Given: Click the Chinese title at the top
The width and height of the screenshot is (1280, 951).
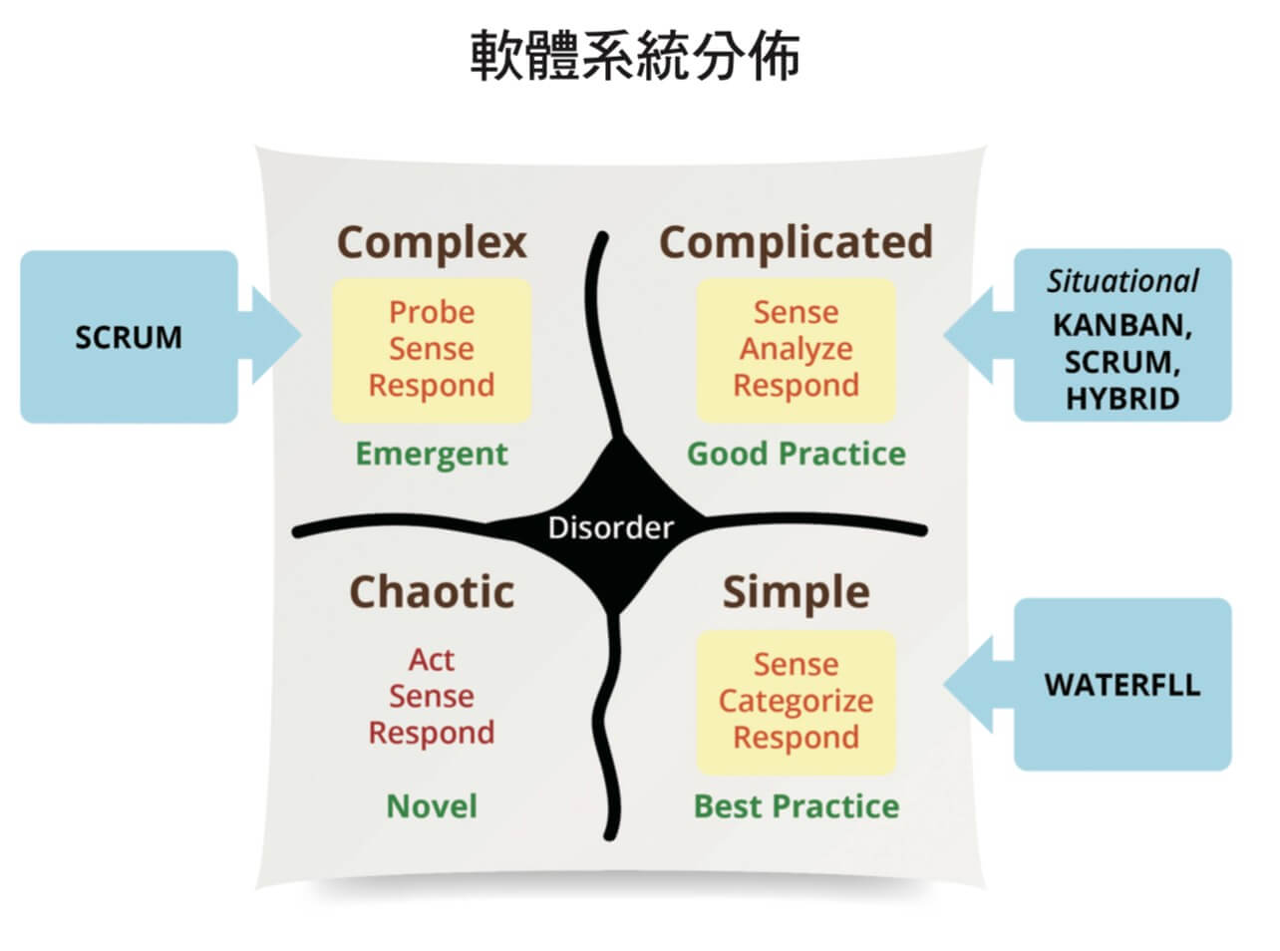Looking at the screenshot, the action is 635,56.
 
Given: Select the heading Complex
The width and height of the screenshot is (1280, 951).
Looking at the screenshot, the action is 432,243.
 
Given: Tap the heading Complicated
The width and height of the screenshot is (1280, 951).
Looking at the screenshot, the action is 796,242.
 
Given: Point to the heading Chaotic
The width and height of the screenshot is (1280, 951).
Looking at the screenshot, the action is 432,592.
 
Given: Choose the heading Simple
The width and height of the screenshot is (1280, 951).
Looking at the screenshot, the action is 796,594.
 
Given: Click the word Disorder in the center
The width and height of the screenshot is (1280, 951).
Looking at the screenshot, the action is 610,527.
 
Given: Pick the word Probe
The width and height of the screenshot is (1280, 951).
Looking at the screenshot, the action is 432,312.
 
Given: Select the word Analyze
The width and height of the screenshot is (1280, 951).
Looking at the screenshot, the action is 796,350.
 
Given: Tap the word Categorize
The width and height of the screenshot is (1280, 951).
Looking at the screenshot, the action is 796,702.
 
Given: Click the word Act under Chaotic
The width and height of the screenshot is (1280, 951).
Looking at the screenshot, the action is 432,660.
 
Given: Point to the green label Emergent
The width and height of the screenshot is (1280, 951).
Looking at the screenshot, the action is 432,455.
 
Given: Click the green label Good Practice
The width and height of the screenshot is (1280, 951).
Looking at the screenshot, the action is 796,454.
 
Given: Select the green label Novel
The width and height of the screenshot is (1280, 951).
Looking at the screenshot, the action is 432,806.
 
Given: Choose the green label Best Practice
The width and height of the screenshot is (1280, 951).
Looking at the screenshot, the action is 796,806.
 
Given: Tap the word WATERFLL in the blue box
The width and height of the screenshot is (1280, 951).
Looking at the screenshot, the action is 1121,685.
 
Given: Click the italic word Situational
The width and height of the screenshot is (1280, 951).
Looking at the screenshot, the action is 1121,281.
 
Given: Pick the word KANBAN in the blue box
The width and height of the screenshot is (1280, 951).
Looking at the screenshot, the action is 1121,325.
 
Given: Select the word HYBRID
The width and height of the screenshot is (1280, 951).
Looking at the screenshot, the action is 1121,399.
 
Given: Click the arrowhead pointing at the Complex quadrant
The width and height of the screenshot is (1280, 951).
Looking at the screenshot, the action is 276,335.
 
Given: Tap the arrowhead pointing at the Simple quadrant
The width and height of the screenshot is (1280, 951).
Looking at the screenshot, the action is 968,684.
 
